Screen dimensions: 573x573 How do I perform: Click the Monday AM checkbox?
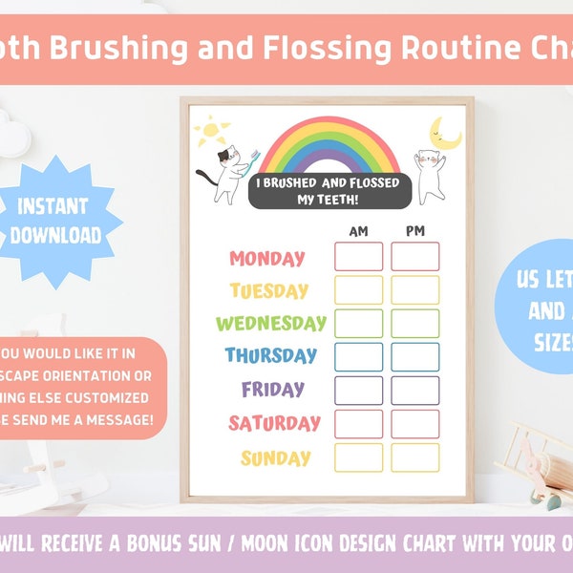[x=358, y=257]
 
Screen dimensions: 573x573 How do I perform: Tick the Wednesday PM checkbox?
[x=414, y=323]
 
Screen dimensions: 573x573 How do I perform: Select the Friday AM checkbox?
[x=358, y=390]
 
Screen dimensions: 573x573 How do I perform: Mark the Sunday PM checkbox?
[x=414, y=457]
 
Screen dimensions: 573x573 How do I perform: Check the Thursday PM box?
[x=414, y=356]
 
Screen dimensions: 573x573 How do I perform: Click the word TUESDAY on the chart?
[x=269, y=290]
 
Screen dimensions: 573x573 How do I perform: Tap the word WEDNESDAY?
[x=271, y=323]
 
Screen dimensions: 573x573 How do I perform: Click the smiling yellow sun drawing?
[x=211, y=132]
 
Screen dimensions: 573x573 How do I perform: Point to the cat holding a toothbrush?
[x=225, y=172]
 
